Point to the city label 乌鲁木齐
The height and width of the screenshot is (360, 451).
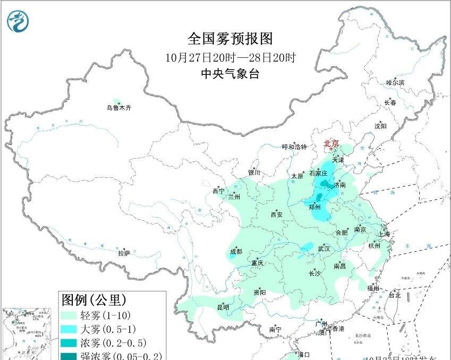[x=118, y=108]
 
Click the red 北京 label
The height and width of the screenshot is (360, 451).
[x=331, y=143]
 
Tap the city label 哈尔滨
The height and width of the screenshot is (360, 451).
[x=395, y=83]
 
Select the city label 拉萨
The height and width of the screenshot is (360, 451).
[x=124, y=254]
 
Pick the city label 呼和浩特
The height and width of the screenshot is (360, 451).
[x=294, y=147]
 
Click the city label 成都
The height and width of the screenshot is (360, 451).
[x=236, y=252]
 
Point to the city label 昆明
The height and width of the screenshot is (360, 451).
[x=223, y=307]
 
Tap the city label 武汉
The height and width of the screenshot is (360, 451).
[x=324, y=248]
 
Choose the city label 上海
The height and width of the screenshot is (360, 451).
[x=384, y=234]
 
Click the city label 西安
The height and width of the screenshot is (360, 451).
[x=277, y=215]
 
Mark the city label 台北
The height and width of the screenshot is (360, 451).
[x=395, y=295]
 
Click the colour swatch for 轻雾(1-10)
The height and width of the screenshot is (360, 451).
[x=69, y=315]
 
